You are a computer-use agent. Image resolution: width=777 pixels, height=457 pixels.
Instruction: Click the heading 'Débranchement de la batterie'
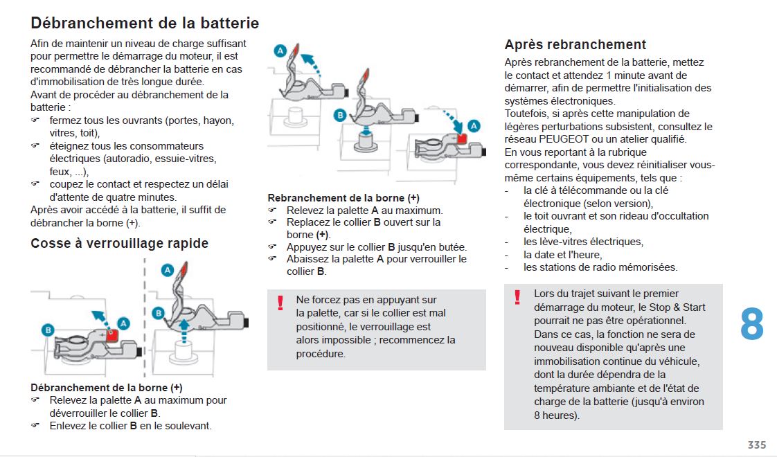pyautogui.click(x=145, y=23)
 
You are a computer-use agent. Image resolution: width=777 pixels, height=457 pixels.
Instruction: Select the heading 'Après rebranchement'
pyautogui.click(x=575, y=44)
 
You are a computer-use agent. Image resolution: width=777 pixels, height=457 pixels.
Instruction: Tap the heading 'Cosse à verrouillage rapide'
pyautogui.click(x=119, y=243)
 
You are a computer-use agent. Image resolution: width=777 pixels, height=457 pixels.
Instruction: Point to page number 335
pyautogui.click(x=756, y=445)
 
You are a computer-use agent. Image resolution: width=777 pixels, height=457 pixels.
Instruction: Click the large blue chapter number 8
pyautogui.click(x=751, y=324)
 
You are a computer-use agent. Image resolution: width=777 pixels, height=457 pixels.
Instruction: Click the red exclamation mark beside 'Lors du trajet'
pyautogui.click(x=517, y=297)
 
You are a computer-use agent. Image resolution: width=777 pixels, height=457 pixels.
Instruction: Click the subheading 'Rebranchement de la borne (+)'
pyautogui.click(x=343, y=197)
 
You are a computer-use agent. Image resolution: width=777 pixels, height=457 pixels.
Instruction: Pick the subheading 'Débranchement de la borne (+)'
pyautogui.click(x=107, y=387)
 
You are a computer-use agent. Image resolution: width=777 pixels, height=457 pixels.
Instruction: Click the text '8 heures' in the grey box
pyautogui.click(x=555, y=415)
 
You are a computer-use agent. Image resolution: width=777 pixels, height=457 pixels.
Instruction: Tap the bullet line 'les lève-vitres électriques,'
pyautogui.click(x=583, y=242)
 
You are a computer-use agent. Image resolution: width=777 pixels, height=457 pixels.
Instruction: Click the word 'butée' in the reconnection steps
pyautogui.click(x=451, y=247)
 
